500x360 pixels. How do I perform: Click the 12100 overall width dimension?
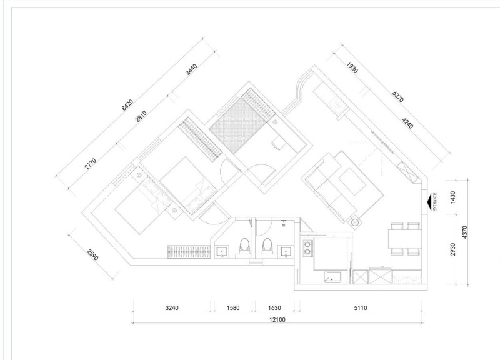277,319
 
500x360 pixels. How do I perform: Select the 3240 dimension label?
172,307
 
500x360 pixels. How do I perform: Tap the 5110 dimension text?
361,307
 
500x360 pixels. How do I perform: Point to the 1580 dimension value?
233,307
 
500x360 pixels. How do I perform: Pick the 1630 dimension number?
274,307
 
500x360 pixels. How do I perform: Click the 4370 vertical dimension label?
464,232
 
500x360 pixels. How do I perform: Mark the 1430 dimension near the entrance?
452,197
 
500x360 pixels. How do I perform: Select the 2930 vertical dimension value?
452,249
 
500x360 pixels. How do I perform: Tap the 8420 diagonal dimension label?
127,105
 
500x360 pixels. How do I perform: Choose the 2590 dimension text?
92,254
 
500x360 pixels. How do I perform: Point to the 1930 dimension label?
352,67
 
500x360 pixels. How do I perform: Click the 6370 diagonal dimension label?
398,97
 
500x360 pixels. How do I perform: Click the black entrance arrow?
429,202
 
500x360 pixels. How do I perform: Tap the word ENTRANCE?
435,202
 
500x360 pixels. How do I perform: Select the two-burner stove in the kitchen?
307,248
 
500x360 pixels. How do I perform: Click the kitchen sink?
333,277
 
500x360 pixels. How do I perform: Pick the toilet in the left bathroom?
244,246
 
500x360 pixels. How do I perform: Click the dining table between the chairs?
404,239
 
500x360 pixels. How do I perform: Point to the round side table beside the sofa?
355,222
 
